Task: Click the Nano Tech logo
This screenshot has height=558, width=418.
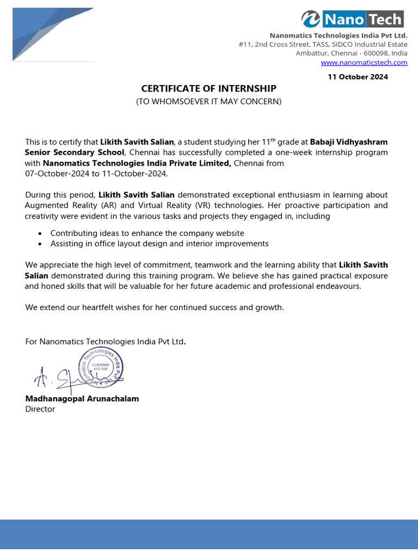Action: pos(353,20)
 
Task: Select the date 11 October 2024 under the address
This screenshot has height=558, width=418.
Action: pos(358,77)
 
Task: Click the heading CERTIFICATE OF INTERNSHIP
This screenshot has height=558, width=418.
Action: pos(209,88)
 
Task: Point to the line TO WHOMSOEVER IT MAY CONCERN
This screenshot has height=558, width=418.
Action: pos(208,101)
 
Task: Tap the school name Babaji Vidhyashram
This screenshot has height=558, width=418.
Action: pos(349,142)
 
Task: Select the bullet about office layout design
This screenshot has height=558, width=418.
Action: pos(159,244)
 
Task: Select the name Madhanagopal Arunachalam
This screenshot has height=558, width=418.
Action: pos(82,398)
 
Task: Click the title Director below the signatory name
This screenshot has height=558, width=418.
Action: pos(40,409)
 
